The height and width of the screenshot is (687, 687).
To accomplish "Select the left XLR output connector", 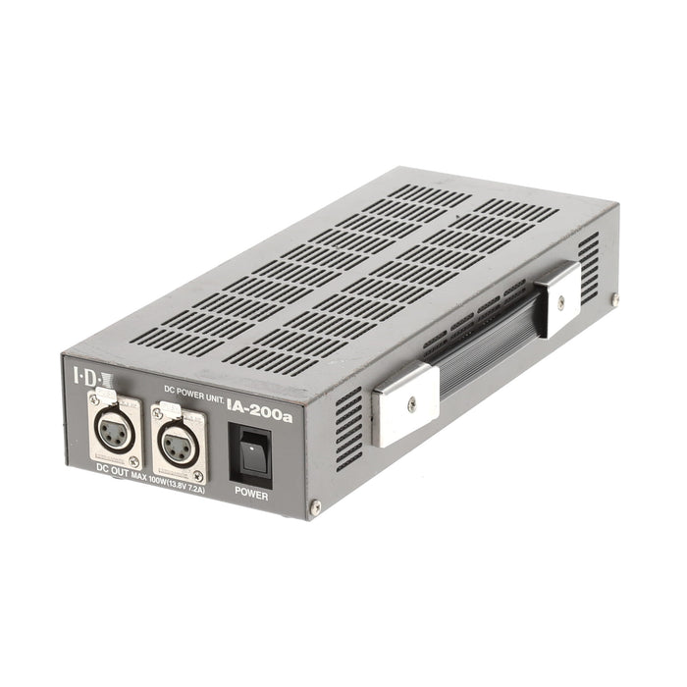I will (x=115, y=429).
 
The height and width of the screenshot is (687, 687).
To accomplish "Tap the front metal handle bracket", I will (x=404, y=402).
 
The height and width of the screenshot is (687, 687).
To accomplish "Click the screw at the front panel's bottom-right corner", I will (x=314, y=507).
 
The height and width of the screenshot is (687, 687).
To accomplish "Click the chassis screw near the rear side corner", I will (x=614, y=298).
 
